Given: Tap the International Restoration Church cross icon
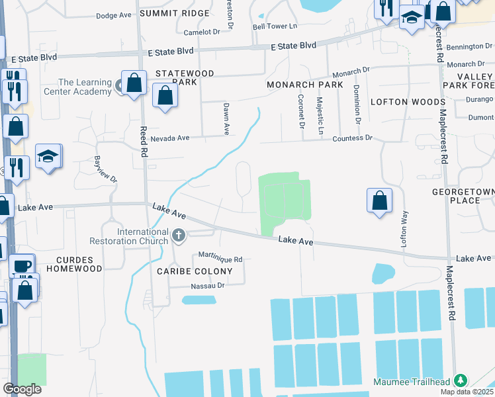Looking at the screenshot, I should [x=178, y=235].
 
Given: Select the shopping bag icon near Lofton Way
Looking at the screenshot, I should [x=379, y=201].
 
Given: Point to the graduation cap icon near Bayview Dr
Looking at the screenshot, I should [x=48, y=157].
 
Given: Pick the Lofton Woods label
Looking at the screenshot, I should [x=407, y=102].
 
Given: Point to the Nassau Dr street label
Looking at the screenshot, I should [x=208, y=285].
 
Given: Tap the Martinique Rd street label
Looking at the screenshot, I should [x=220, y=259].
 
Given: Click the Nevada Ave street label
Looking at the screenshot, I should [x=170, y=138].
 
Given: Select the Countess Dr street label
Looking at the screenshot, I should [x=353, y=138].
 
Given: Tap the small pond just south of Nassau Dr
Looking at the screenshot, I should [x=199, y=300].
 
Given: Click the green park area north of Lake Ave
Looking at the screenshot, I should [x=283, y=202].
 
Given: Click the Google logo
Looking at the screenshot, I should [x=22, y=389].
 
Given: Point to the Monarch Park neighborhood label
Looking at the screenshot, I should [x=304, y=85].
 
